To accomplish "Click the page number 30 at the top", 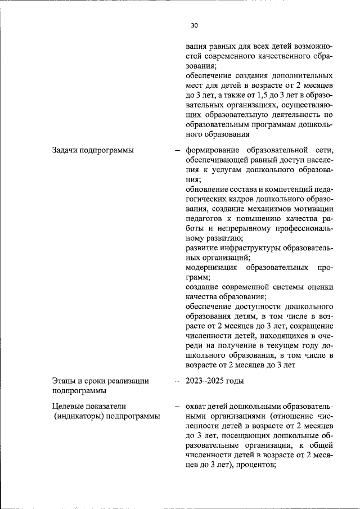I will click(x=195, y=25).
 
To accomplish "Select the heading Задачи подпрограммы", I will click(x=89, y=150).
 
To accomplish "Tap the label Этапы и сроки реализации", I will click(x=100, y=381).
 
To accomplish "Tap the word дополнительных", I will click(x=301, y=75).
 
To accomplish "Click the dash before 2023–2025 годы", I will click(x=178, y=381).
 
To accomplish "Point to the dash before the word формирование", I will click(x=178, y=150).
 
